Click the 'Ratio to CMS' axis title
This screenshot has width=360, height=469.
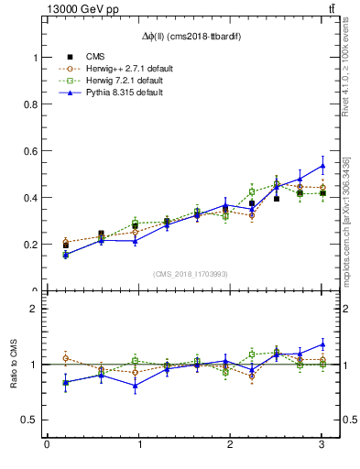pos(13,365)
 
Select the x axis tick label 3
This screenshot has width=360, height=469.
pos(322,445)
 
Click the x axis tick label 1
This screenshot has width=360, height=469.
pos(138,445)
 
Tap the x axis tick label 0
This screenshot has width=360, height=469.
pos(47,445)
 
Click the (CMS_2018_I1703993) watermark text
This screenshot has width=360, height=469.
pos(191,273)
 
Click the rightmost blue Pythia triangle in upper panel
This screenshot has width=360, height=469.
pos(322,166)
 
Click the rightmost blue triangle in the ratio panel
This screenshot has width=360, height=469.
pos(322,344)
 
